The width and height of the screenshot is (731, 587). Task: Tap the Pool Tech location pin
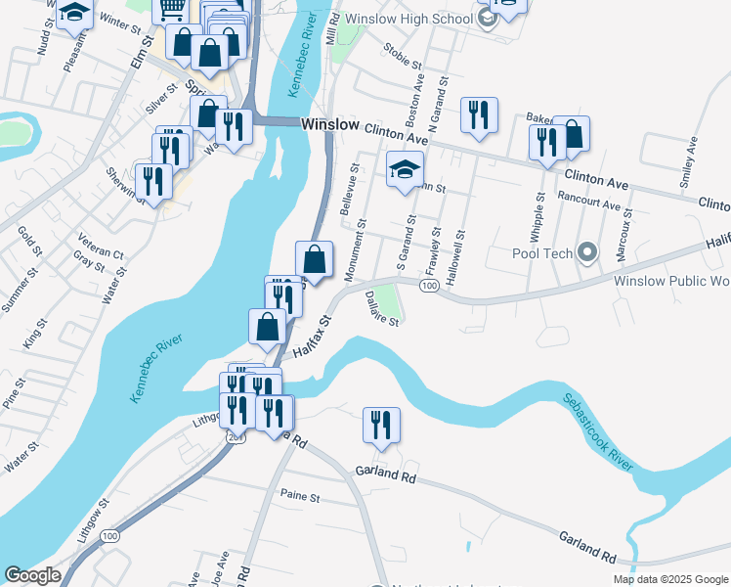[x=586, y=253]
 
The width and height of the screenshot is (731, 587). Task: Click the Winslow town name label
[x=329, y=125]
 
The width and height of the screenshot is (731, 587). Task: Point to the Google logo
[x=32, y=575]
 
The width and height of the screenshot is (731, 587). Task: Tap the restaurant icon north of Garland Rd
[x=380, y=425]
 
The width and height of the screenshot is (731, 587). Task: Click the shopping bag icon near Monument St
[x=314, y=260]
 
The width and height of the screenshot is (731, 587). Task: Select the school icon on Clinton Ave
[x=405, y=170]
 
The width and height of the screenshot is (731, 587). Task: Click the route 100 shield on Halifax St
[x=429, y=285]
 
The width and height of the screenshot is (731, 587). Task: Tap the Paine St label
[x=301, y=497]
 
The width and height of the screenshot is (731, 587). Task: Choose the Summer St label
[x=16, y=292]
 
